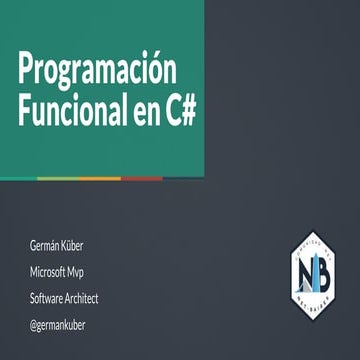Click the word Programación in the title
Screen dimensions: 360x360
pyautogui.click(x=96, y=73)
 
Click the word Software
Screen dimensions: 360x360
pyautogui.click(x=50, y=298)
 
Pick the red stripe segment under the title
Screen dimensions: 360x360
pyautogui.click(x=143, y=179)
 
